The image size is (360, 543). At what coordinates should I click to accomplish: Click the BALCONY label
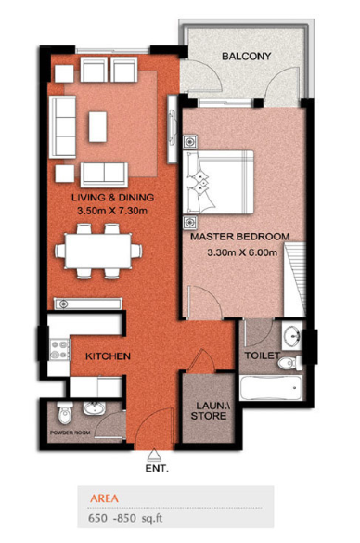click(246, 56)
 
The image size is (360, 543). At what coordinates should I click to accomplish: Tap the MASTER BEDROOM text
click(240, 237)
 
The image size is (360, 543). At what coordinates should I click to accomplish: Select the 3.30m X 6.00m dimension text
click(242, 252)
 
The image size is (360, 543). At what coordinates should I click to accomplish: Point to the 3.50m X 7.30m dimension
click(112, 211)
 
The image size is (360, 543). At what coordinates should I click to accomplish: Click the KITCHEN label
click(108, 356)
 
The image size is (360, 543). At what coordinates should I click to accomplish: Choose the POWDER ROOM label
click(70, 433)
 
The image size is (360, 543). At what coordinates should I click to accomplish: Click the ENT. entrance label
click(157, 469)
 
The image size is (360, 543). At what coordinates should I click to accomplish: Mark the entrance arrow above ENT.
click(152, 455)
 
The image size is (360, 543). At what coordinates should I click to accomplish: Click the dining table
click(98, 251)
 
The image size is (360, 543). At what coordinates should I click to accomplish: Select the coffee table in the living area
click(97, 126)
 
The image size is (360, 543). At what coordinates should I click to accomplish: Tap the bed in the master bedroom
click(218, 182)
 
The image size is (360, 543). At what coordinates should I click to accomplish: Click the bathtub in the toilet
click(271, 388)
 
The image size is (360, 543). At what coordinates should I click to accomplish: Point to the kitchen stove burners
click(59, 350)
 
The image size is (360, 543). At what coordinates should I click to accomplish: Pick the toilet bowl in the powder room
click(64, 413)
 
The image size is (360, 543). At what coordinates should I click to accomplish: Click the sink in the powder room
click(94, 408)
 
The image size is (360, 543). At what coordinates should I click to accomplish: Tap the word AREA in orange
click(104, 498)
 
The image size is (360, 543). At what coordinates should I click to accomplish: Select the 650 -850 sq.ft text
click(125, 519)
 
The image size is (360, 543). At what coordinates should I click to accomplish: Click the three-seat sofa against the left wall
click(62, 127)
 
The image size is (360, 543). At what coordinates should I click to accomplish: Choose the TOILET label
click(262, 356)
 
